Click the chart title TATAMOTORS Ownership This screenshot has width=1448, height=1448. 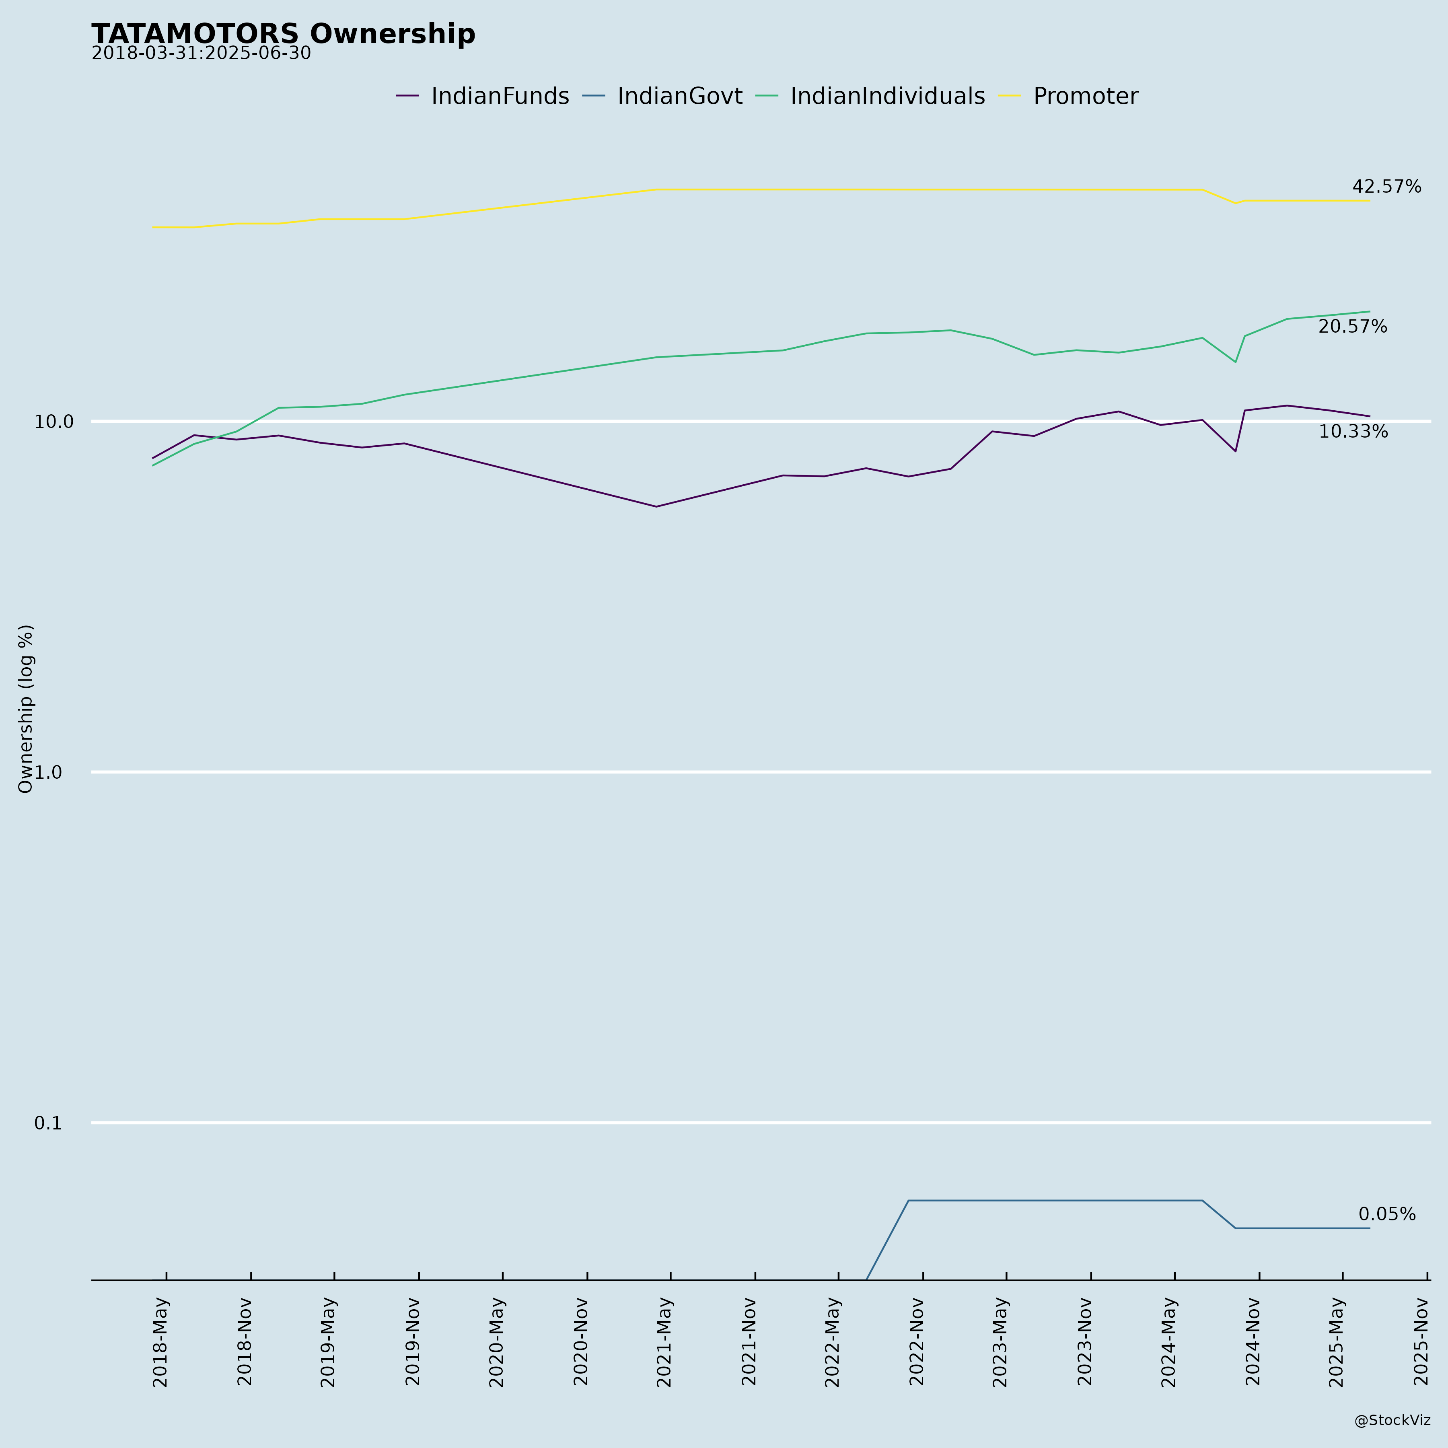click(283, 35)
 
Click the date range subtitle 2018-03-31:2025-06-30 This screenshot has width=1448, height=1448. click(201, 54)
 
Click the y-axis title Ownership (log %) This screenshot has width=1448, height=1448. click(26, 708)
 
